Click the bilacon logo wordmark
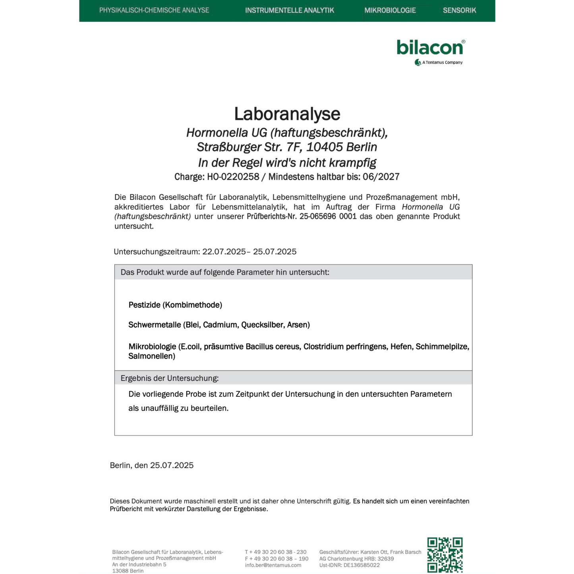(430, 48)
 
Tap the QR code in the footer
(445, 555)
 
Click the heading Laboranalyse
(287, 114)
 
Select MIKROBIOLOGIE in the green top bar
(390, 10)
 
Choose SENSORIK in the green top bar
(459, 10)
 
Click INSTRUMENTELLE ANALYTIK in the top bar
(290, 10)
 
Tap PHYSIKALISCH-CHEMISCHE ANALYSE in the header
(154, 10)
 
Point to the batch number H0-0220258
(233, 177)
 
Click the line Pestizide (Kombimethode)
(175, 305)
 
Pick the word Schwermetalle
(155, 325)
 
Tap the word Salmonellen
(152, 356)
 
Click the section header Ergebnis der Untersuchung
(170, 378)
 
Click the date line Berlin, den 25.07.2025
(152, 465)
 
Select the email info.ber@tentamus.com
(273, 565)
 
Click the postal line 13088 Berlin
(128, 571)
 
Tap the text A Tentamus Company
(442, 62)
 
